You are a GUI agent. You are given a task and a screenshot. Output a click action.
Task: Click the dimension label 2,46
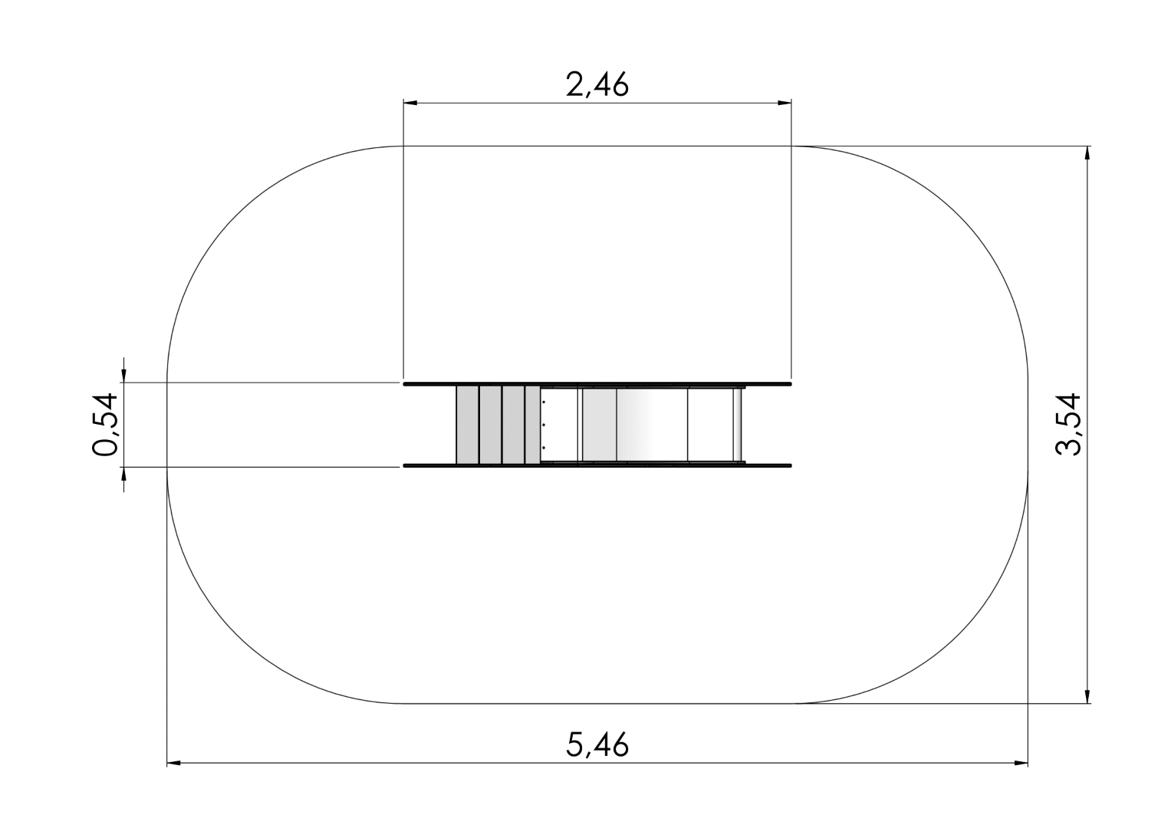(x=597, y=84)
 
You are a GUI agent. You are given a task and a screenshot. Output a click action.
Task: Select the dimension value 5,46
(x=597, y=744)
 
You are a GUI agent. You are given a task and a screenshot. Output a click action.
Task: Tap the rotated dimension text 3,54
(x=1067, y=425)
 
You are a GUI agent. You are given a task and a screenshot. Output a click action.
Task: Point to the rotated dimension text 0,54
(x=104, y=425)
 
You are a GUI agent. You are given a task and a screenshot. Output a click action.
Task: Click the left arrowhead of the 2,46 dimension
(x=410, y=103)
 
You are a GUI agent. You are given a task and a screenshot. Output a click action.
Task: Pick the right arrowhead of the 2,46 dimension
(x=785, y=103)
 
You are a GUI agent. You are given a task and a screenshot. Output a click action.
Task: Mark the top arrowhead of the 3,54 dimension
(x=1088, y=153)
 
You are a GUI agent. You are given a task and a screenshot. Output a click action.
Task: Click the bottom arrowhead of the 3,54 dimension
(x=1088, y=697)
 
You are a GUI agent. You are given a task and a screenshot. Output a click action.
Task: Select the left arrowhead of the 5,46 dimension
(x=173, y=763)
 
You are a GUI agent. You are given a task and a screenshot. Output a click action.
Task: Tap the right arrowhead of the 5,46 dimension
(x=1021, y=763)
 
